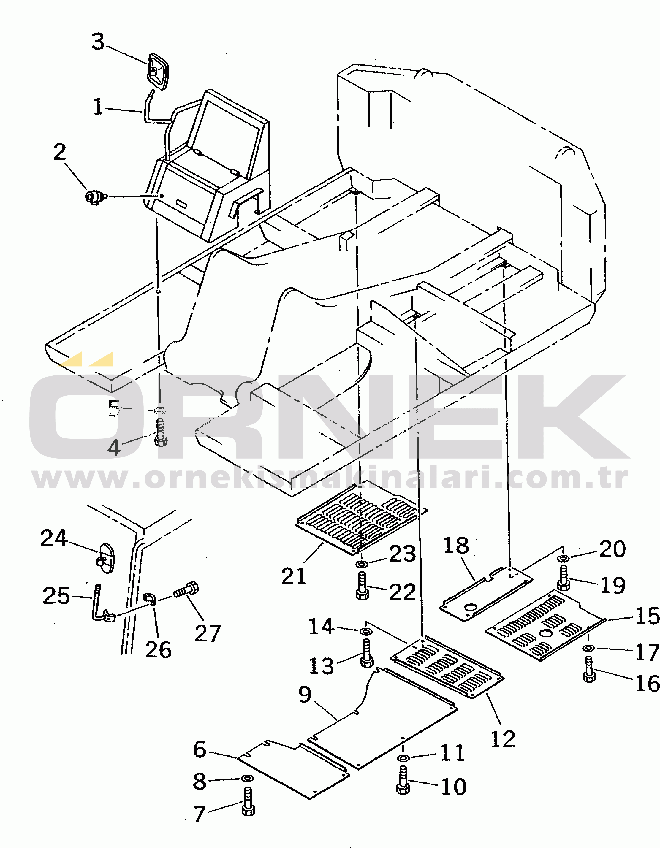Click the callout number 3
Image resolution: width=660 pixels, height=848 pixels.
click(98, 42)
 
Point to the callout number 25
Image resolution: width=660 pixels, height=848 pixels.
click(56, 596)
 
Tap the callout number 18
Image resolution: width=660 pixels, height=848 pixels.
click(456, 546)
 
